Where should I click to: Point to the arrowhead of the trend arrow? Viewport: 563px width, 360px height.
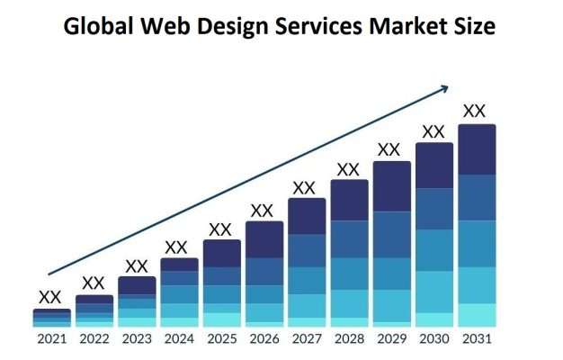(443, 88)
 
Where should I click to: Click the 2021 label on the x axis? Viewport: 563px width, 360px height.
(50, 339)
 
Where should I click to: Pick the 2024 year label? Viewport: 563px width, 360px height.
(179, 339)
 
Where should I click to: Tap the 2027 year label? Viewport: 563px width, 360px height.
(306, 339)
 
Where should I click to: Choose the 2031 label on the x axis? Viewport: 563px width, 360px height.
(476, 339)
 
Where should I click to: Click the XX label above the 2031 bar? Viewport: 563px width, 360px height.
(474, 112)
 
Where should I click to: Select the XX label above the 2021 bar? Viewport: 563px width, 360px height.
(50, 297)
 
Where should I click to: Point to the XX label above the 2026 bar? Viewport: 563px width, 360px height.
(262, 211)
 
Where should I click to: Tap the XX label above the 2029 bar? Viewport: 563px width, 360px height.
(389, 149)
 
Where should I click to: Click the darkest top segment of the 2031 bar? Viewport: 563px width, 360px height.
(476, 149)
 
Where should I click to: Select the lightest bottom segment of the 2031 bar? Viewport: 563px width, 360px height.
(476, 315)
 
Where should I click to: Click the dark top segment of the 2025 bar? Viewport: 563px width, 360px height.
(221, 253)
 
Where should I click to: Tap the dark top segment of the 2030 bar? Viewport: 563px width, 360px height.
(433, 166)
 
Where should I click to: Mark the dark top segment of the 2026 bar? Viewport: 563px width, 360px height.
(264, 239)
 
